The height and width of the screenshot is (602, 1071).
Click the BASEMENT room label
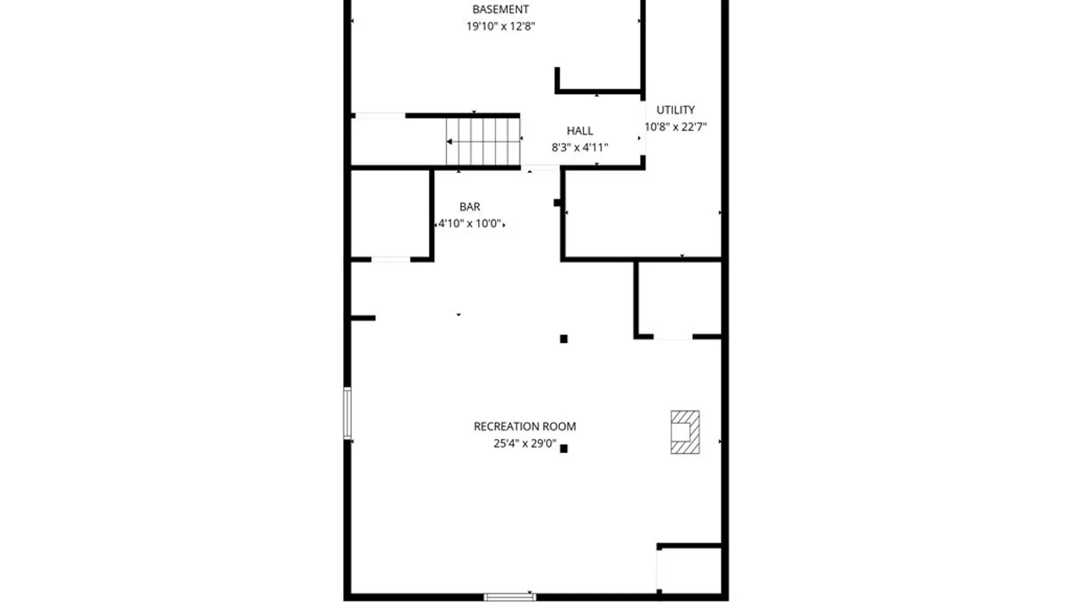click(x=500, y=9)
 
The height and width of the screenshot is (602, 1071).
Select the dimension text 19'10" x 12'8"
click(x=500, y=26)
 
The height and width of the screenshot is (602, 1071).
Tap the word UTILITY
click(x=676, y=110)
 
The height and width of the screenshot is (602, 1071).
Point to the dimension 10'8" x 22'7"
click(x=676, y=127)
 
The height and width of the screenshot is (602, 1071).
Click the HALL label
click(x=580, y=131)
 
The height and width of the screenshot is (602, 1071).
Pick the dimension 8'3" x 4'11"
click(x=580, y=148)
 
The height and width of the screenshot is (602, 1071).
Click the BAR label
click(x=470, y=207)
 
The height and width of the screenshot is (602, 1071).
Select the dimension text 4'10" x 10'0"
click(x=470, y=224)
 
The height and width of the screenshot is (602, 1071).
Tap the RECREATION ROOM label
click(x=524, y=426)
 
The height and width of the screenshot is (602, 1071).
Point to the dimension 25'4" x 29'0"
click(x=524, y=444)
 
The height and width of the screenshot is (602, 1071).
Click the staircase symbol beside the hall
click(x=483, y=142)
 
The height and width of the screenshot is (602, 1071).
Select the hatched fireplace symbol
click(x=685, y=432)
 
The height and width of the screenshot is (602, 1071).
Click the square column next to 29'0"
click(x=563, y=449)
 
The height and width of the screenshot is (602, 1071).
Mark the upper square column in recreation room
click(x=563, y=339)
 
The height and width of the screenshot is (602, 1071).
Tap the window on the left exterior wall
click(x=348, y=413)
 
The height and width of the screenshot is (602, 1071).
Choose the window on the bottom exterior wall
click(x=509, y=597)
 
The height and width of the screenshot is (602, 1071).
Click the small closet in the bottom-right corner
click(x=690, y=570)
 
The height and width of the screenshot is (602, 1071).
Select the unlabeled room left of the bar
click(x=390, y=213)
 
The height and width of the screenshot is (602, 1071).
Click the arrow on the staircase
click(x=450, y=142)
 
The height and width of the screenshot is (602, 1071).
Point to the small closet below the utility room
click(x=679, y=298)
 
